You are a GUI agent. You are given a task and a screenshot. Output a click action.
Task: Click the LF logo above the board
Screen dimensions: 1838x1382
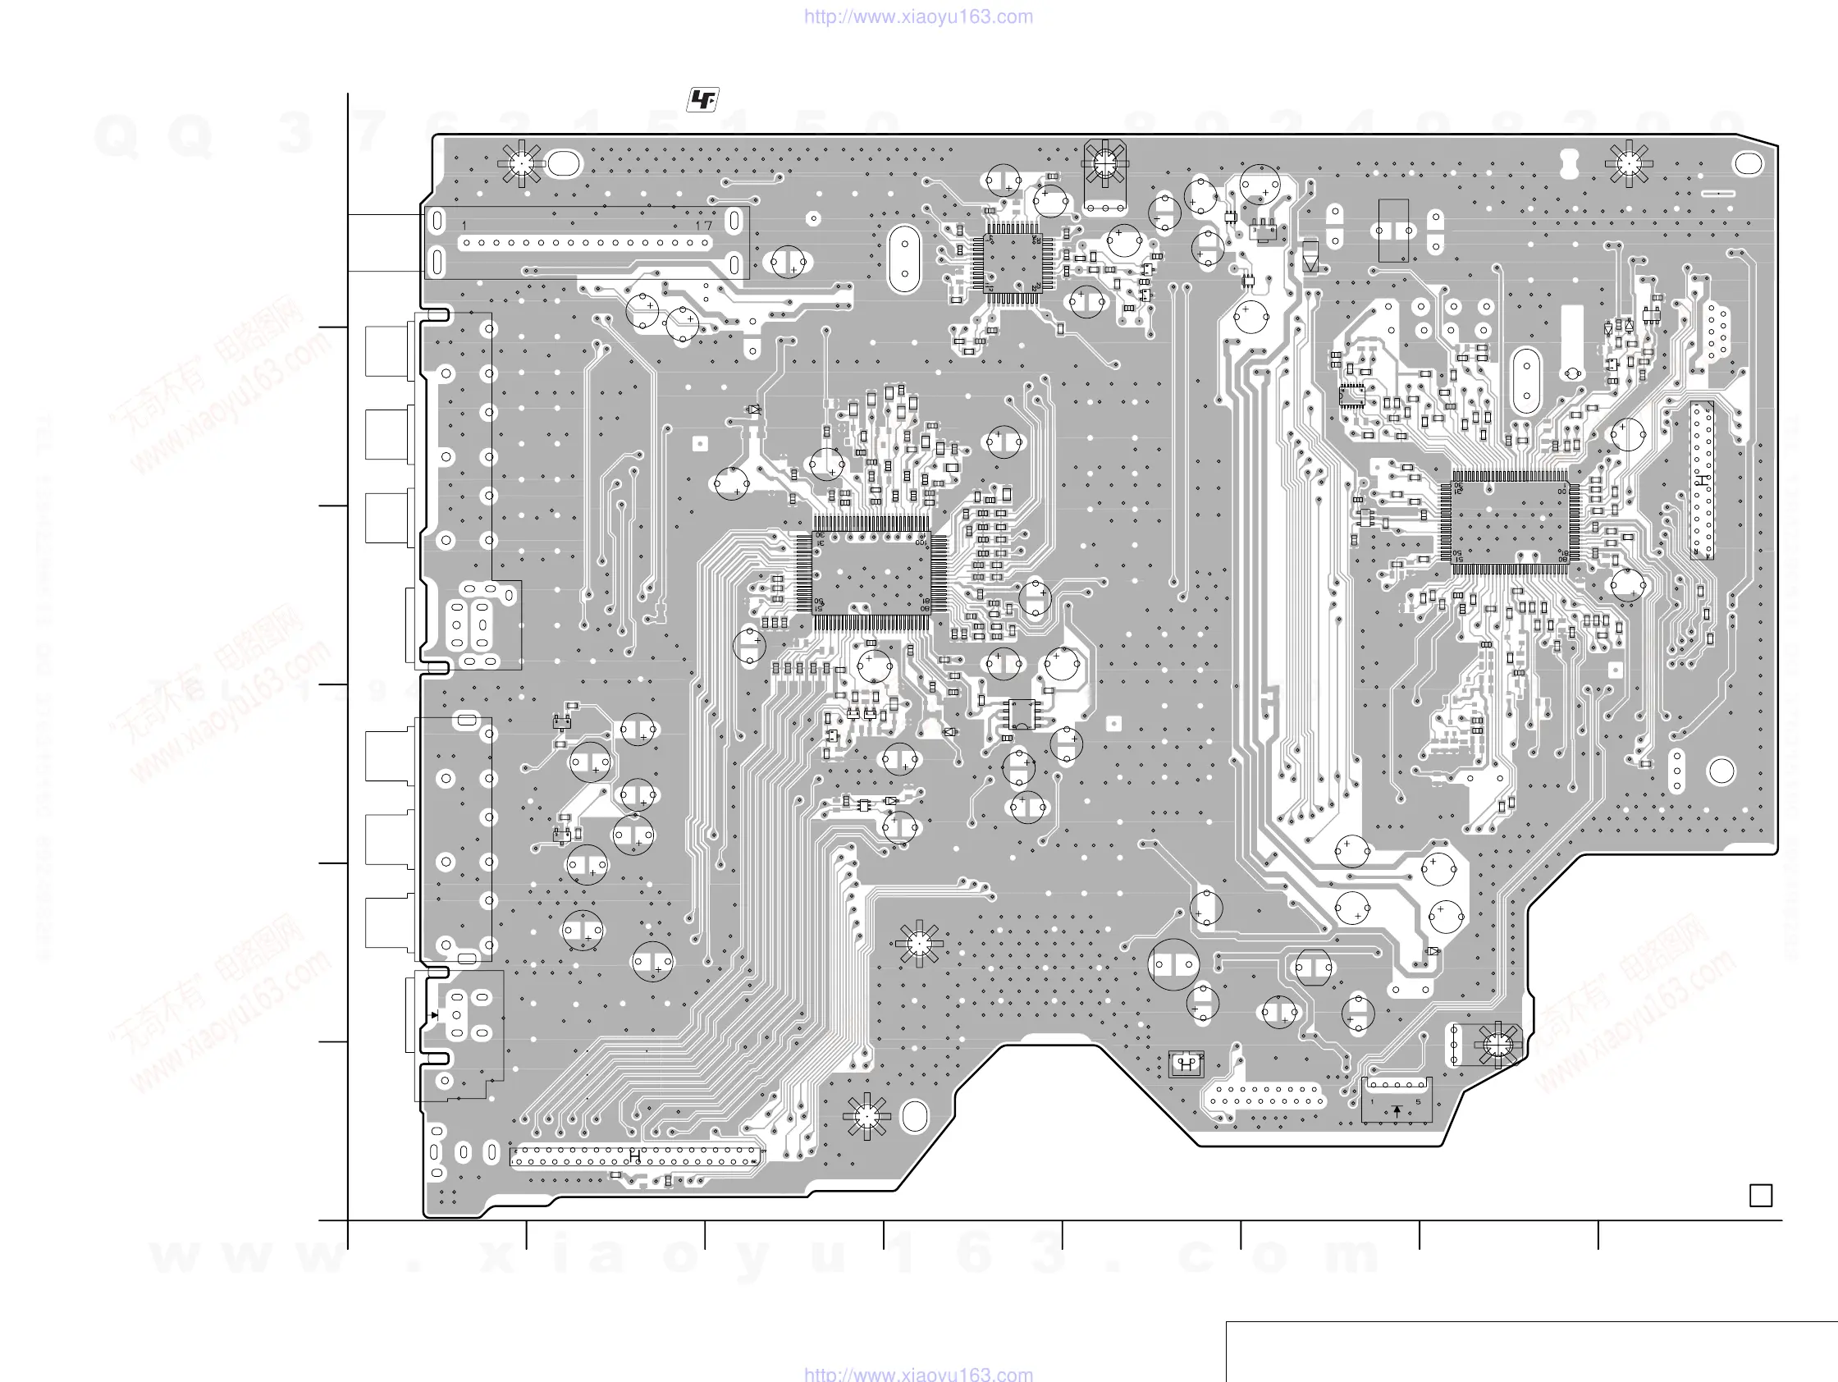(x=702, y=101)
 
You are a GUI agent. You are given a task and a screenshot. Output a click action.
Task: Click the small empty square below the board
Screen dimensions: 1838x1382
(x=1760, y=1195)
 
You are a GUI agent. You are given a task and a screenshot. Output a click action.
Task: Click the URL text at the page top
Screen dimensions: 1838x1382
(x=918, y=16)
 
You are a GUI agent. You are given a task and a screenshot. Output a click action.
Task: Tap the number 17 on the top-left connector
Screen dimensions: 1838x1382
(x=704, y=225)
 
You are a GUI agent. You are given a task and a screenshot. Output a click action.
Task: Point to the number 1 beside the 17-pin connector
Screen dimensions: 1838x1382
(x=464, y=226)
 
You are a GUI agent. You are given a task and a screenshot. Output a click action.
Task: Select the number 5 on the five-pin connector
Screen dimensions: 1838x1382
(x=1418, y=1103)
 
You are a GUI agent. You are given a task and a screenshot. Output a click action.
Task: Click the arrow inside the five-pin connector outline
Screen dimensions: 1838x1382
(x=1397, y=1110)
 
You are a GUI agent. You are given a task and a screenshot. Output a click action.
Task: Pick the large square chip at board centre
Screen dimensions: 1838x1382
(x=871, y=574)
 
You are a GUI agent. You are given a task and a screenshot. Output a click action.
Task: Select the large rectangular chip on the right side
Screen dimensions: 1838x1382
(x=1509, y=522)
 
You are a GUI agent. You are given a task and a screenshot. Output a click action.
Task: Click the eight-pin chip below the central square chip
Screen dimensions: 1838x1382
(x=1021, y=713)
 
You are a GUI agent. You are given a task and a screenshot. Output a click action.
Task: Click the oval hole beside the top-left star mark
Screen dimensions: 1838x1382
(x=564, y=162)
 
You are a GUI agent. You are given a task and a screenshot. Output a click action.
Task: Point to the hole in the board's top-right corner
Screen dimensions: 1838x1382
(x=1749, y=163)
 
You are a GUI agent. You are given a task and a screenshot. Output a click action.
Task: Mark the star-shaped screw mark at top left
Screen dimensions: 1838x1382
(x=521, y=163)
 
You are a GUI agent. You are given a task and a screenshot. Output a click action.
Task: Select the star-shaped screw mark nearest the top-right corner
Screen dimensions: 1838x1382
(x=1629, y=163)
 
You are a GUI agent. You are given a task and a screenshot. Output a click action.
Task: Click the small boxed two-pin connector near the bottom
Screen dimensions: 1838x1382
(x=1186, y=1064)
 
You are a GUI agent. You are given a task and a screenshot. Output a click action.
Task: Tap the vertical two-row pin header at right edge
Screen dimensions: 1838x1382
(x=1702, y=480)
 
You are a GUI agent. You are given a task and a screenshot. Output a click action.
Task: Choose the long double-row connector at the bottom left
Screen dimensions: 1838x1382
(x=635, y=1156)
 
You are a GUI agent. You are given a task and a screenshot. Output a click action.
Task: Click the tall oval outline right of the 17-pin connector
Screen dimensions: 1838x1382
(x=904, y=259)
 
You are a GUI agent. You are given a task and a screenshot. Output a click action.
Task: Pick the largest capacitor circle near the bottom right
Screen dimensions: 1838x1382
(x=1173, y=964)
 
